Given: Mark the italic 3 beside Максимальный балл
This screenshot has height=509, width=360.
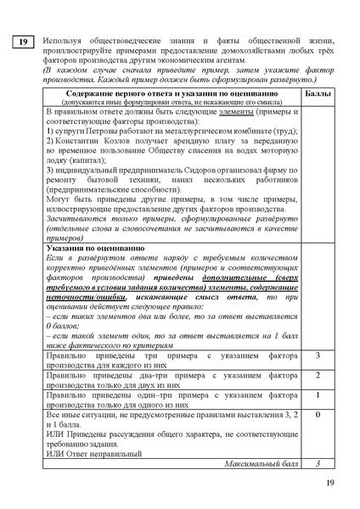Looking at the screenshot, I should [317, 465].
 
